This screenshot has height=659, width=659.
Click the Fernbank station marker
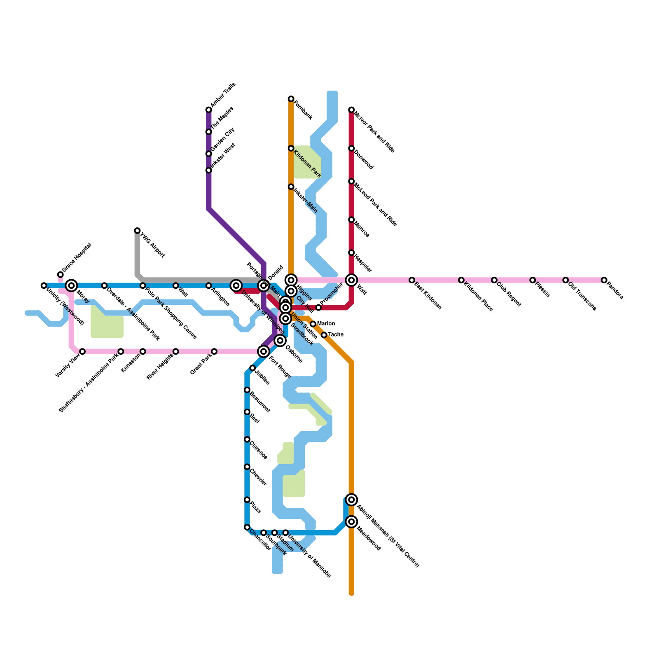(291, 99)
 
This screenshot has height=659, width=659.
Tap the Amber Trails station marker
(209, 110)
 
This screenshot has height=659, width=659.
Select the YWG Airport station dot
(137, 231)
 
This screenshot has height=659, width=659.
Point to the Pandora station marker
(604, 280)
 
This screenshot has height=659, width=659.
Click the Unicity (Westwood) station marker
(44, 285)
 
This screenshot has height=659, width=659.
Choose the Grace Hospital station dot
(61, 274)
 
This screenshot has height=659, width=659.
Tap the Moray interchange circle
(72, 285)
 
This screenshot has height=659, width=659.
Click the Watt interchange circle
(351, 280)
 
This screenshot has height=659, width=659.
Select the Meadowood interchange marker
(351, 522)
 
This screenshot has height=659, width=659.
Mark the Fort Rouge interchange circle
(264, 351)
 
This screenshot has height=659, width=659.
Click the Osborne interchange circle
(280, 341)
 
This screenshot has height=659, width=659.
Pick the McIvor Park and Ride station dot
(351, 110)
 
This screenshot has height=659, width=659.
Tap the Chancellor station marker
(247, 527)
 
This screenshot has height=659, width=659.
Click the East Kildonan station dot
(412, 280)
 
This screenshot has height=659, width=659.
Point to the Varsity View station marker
(82, 351)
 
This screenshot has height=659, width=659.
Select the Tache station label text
(336, 335)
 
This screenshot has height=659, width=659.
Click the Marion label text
(326, 324)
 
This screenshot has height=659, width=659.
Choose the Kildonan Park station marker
(291, 148)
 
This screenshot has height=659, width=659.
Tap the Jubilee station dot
(252, 368)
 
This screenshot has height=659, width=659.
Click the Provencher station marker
(318, 308)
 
